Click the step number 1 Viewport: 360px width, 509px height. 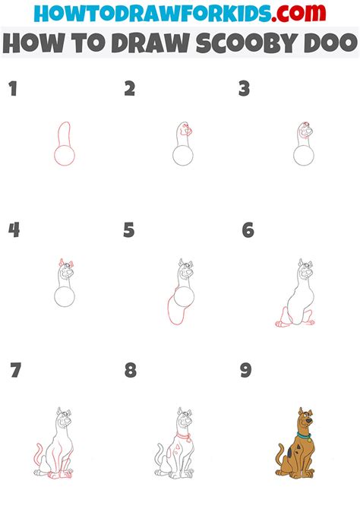[12, 89]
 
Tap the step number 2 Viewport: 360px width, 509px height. [130, 89]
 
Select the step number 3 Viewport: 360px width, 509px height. [244, 89]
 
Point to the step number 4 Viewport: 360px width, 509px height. [14, 229]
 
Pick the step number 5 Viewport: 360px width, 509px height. [129, 229]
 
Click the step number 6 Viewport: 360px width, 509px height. [248, 229]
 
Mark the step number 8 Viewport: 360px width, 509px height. [131, 371]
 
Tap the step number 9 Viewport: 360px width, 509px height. [245, 371]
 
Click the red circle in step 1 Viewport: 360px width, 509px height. [64, 156]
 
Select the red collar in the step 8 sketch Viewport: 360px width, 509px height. [182, 436]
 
